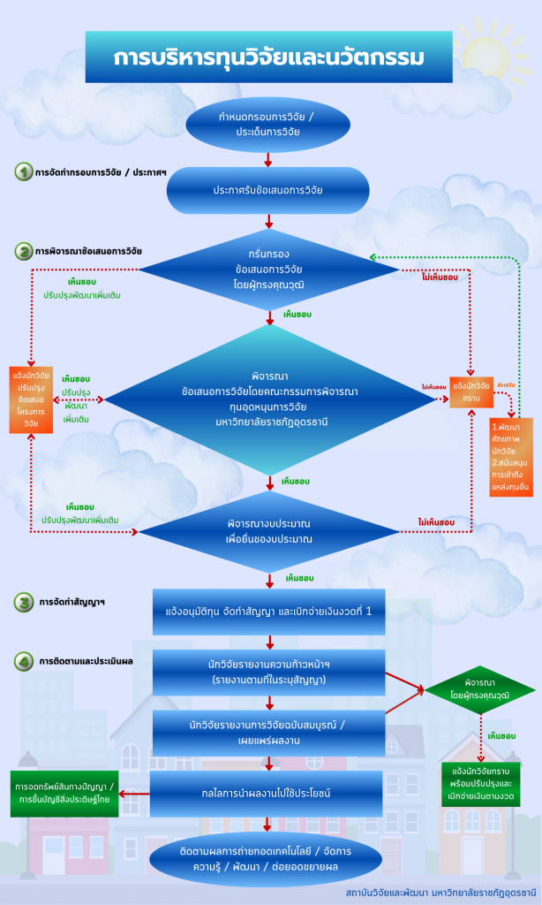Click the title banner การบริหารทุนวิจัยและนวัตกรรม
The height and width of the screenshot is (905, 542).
point(268,57)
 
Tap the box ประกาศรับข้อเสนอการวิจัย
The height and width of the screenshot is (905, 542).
point(267,190)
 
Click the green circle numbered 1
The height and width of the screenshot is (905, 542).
point(23,171)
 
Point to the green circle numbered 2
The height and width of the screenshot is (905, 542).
point(23,251)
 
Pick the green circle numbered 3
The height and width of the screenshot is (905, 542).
point(24,604)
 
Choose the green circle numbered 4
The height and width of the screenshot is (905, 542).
point(24,660)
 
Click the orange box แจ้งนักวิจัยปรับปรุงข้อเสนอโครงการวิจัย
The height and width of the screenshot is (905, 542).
point(32,399)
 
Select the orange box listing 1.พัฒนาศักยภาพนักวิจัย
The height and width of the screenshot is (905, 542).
point(511,455)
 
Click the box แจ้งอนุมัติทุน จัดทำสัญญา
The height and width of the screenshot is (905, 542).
point(269,612)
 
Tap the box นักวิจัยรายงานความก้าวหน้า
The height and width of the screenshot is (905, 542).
point(269,672)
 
